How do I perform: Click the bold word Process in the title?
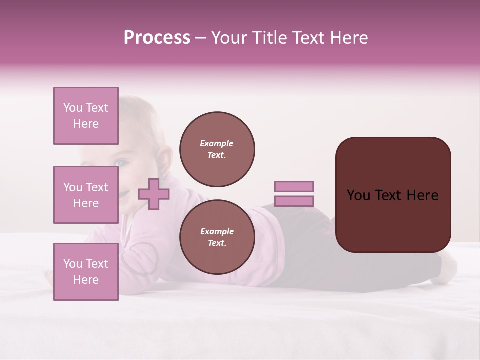[157, 38]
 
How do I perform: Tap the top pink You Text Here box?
[86, 116]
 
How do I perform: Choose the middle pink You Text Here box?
[86, 195]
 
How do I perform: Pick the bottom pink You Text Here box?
[86, 271]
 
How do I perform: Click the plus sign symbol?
[154, 194]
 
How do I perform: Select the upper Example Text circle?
[217, 149]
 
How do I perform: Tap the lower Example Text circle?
[217, 237]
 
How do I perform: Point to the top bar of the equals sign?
[294, 186]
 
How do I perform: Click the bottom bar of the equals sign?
[294, 201]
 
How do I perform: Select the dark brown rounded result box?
[393, 194]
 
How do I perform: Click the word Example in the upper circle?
[216, 143]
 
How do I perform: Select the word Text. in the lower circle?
[217, 243]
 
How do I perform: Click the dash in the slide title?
[200, 38]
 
